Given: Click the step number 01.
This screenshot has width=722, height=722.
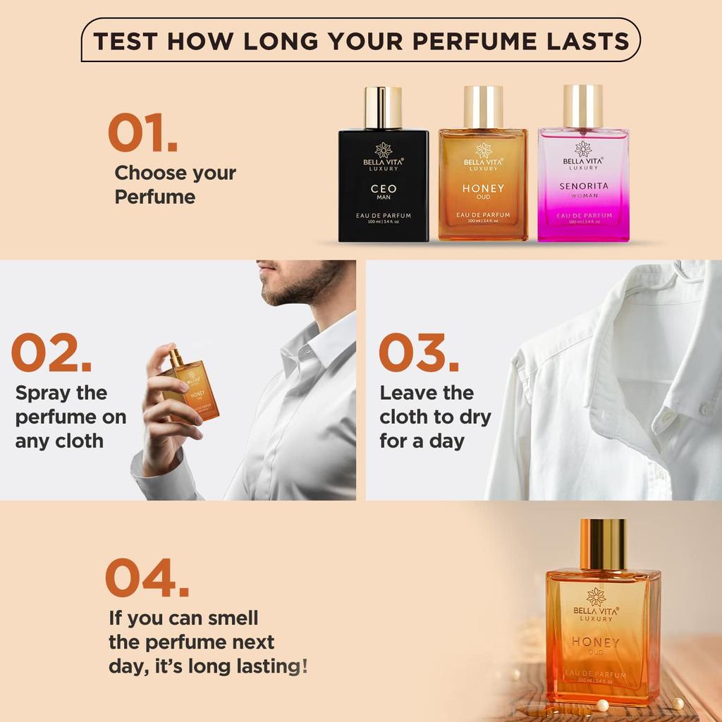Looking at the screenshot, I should click(x=142, y=133).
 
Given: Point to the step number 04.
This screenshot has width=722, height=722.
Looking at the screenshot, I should click(x=147, y=577).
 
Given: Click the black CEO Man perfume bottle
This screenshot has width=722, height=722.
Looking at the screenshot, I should click(x=383, y=185).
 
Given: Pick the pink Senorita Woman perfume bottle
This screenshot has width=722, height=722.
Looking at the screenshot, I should click(x=583, y=185).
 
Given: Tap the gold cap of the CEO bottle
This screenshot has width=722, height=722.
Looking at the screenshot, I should click(x=383, y=106).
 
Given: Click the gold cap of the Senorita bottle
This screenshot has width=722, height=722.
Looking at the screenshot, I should click(x=583, y=106).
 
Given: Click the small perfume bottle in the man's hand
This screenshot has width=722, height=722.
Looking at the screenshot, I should click(x=192, y=387).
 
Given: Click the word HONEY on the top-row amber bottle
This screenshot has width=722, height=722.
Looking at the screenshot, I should click(x=483, y=188).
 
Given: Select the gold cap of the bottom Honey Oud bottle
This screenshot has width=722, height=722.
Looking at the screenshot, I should click(x=603, y=544).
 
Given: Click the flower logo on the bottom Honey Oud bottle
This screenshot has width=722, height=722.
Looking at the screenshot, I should click(x=596, y=596).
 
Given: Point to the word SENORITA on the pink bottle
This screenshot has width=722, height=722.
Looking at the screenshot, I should click(x=583, y=186).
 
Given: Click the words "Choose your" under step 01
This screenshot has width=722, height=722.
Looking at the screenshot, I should click(x=176, y=173).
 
